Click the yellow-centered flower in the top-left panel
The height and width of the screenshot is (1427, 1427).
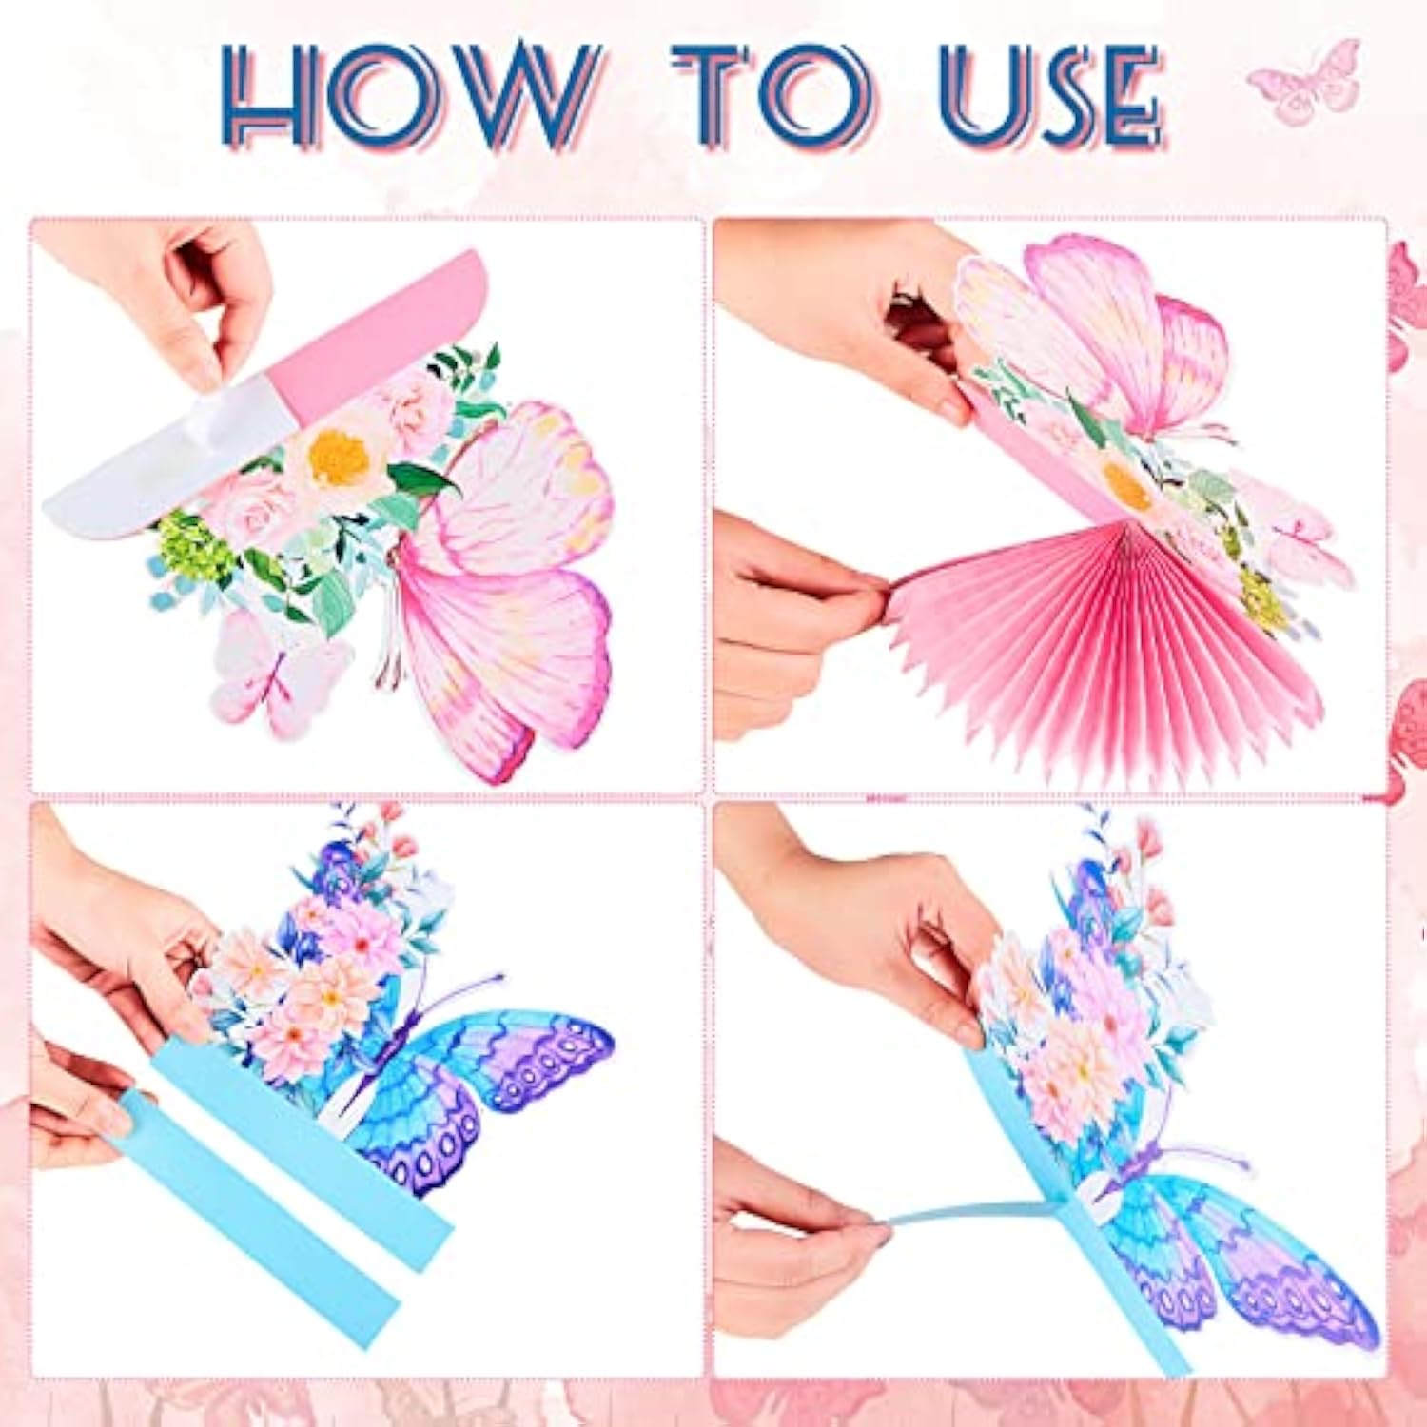[x=338, y=459]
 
